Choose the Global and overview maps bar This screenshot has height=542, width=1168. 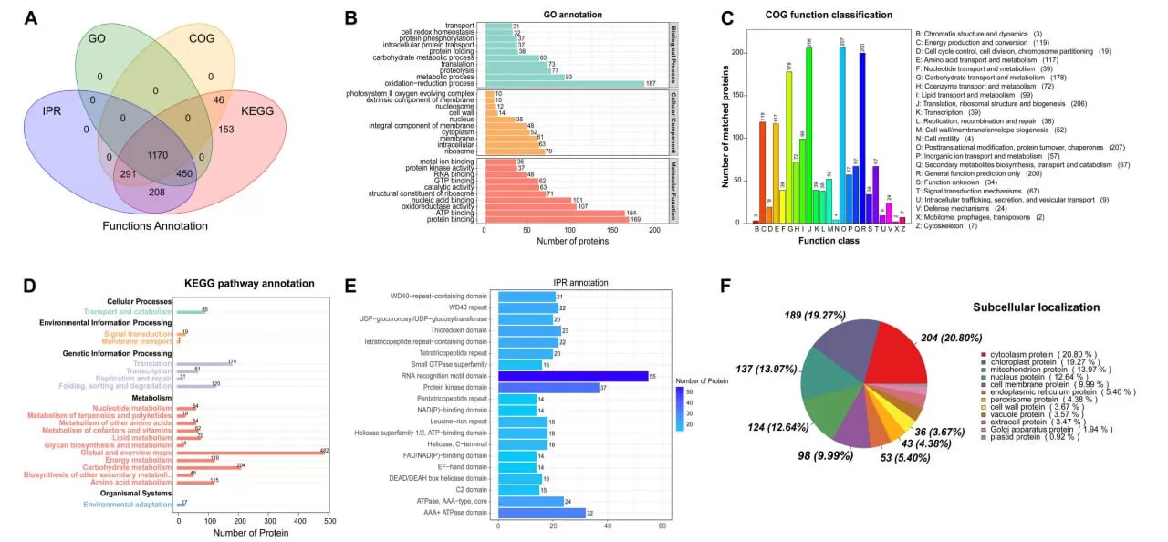coord(250,452)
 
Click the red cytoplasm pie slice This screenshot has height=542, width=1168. coord(898,356)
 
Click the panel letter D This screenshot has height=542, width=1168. coord(29,287)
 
